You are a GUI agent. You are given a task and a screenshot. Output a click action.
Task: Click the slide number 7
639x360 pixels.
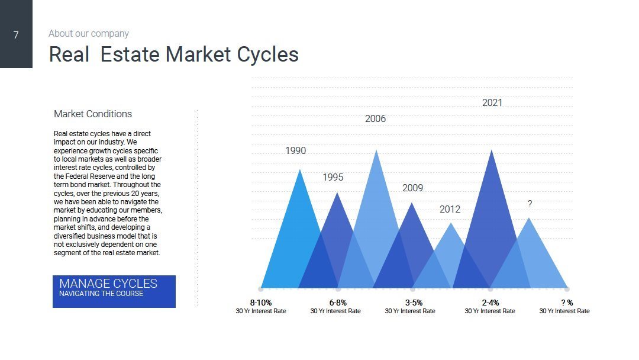16,35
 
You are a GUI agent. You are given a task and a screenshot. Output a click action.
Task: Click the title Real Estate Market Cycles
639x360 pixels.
173,54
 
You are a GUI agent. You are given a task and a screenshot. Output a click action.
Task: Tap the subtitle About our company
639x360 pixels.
88,33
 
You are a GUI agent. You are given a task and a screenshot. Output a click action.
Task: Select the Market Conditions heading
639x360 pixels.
93,114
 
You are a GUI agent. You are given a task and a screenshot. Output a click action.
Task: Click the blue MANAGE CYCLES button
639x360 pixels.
114,291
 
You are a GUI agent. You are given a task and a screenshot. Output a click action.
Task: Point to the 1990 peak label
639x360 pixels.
295,151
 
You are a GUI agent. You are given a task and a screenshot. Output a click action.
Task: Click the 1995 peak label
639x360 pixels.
333,178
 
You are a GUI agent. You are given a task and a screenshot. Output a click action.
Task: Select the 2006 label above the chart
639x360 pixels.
375,118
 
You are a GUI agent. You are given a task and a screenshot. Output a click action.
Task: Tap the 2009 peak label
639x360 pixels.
412,188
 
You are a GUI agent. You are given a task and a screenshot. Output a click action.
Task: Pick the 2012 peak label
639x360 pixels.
450,209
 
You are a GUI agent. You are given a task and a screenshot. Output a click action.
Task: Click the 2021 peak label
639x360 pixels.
492,103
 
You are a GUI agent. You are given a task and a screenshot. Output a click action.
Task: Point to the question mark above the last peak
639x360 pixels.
530,204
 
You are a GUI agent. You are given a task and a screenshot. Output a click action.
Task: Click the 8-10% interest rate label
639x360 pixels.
261,303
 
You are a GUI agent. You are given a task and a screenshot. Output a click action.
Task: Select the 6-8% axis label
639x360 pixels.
338,303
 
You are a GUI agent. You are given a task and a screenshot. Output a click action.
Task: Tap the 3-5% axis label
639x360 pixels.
414,303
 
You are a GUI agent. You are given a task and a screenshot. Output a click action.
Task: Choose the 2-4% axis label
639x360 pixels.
490,303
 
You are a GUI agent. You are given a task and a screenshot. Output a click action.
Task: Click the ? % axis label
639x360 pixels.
567,303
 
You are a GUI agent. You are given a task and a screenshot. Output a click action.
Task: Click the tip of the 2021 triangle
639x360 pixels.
492,150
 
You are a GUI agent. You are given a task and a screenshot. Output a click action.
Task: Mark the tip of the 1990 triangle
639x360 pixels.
300,169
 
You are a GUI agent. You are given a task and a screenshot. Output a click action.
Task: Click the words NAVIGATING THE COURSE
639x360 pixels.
101,294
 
